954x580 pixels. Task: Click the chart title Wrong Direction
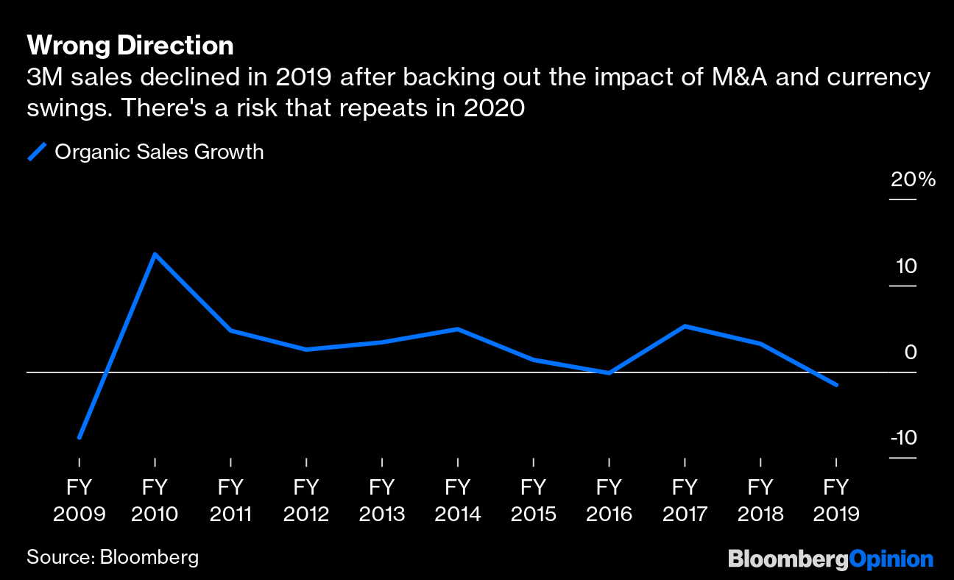[130, 46]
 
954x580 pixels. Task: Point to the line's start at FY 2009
[79, 437]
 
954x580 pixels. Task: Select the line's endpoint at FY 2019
[835, 384]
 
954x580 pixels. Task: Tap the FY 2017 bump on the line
[685, 326]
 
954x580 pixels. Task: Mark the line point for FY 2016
[609, 372]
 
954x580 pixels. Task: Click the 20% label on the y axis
[913, 180]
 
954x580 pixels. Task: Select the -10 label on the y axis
[903, 438]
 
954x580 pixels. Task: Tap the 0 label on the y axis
[911, 352]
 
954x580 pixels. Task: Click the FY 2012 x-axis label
[306, 500]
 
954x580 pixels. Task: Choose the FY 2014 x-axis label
[457, 500]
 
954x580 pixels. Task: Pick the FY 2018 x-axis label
[760, 500]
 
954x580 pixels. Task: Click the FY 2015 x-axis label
[533, 500]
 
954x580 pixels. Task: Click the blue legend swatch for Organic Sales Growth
[38, 152]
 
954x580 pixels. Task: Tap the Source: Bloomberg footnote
[113, 556]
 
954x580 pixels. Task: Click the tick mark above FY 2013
[381, 461]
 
